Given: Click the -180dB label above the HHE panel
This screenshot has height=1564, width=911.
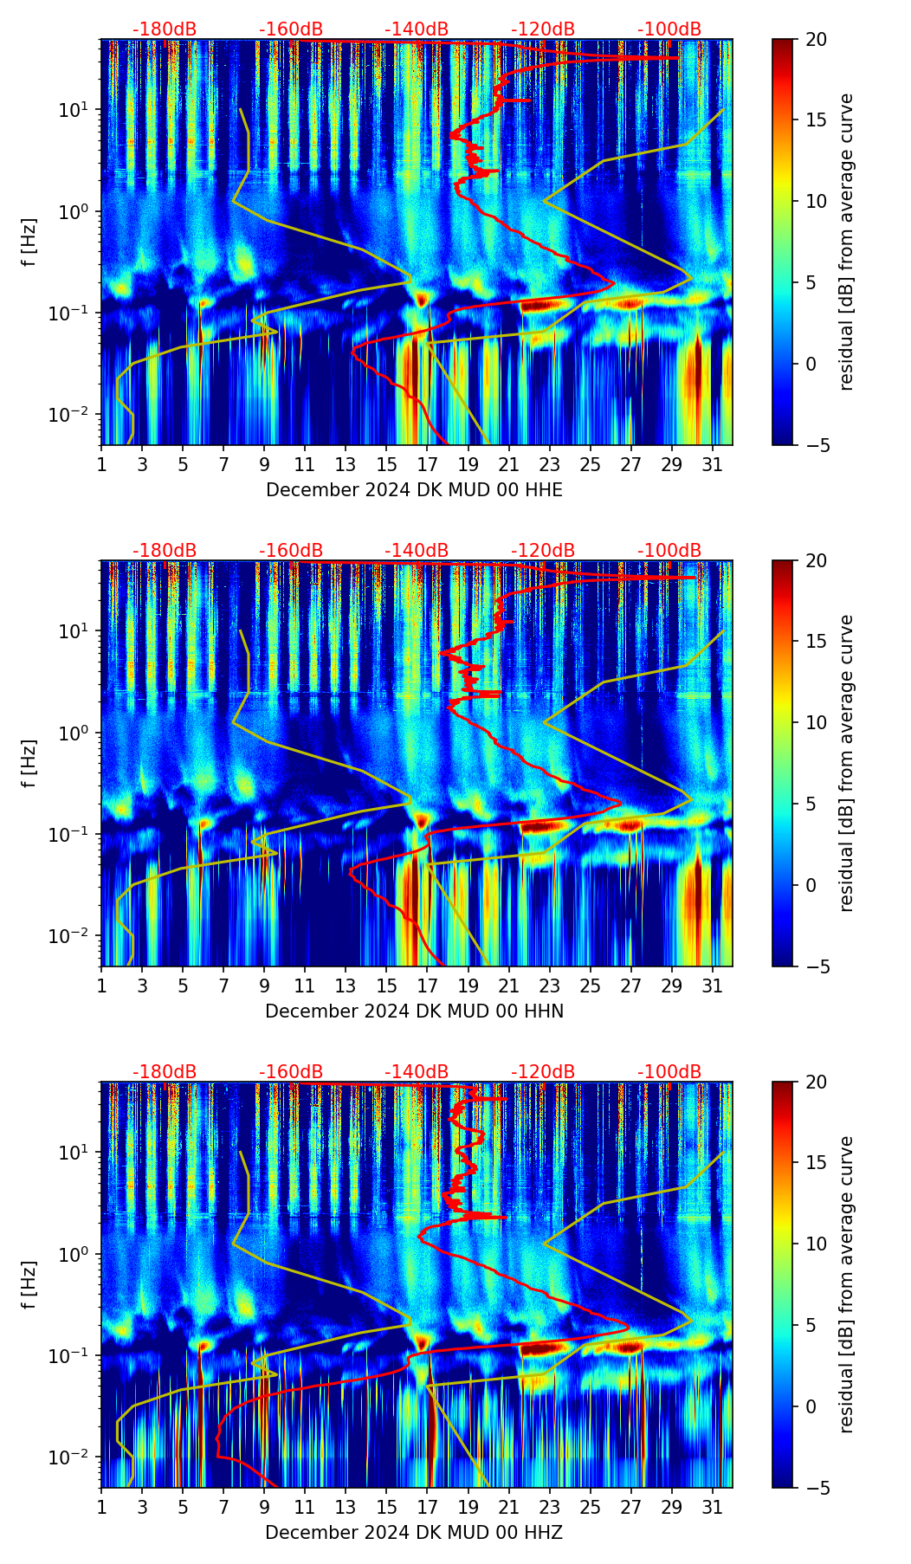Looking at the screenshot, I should click(x=165, y=29).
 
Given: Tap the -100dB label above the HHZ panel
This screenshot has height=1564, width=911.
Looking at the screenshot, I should click(x=669, y=1072).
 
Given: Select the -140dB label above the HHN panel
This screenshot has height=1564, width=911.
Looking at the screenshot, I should click(x=417, y=551).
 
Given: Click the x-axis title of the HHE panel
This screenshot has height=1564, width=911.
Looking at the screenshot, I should click(x=414, y=490).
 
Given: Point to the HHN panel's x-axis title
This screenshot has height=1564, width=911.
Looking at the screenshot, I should click(x=414, y=1011).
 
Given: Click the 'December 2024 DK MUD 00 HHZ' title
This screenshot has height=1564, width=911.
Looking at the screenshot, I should click(x=414, y=1533).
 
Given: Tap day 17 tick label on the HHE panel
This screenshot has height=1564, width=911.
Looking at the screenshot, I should click(x=428, y=464).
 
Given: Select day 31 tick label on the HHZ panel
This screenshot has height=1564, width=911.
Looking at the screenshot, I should click(x=713, y=1507).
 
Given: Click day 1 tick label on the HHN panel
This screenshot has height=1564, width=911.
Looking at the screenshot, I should click(x=102, y=986).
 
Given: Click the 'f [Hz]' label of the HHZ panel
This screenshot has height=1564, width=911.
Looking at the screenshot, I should click(x=30, y=1284).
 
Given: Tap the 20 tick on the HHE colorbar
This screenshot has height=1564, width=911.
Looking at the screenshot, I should click(x=815, y=40).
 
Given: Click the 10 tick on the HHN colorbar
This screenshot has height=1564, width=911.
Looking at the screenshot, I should click(x=815, y=722).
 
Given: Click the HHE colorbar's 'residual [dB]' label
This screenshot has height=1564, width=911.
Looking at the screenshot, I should click(x=846, y=242).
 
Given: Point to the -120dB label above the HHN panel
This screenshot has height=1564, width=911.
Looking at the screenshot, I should click(x=543, y=551).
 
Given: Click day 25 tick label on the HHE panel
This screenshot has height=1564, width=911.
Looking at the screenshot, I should click(x=591, y=464).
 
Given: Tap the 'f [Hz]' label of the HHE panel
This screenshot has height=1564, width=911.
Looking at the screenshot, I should click(x=30, y=242).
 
